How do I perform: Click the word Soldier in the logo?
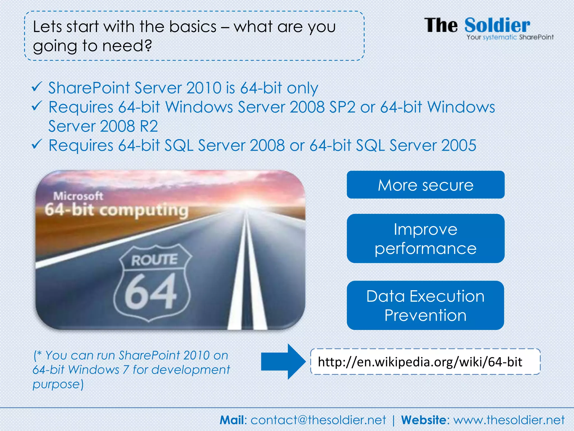497,26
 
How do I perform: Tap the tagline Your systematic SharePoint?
510,37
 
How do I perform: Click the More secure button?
425,185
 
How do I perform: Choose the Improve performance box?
425,239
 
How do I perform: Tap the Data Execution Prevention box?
425,305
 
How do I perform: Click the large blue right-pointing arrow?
283,362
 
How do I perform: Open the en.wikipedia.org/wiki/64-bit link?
420,362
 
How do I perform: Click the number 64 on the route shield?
151,292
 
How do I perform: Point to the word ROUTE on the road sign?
154,260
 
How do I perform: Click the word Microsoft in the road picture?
78,196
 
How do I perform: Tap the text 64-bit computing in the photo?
116,210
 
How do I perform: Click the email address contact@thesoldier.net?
318,420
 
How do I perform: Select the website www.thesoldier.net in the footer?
509,420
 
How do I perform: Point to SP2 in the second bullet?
342,107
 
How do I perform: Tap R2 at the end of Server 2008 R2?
149,126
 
